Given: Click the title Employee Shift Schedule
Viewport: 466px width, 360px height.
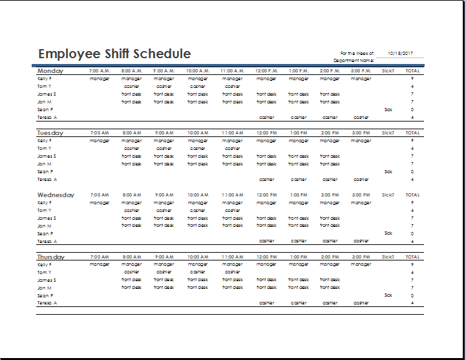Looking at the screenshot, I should point(114,54).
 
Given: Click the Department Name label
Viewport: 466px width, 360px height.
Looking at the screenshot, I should point(354,60).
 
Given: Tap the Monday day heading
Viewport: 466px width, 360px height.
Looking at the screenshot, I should point(50,70).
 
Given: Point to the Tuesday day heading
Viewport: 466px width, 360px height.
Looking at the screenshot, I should point(50,132).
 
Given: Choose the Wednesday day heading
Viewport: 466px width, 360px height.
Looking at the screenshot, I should point(56,195).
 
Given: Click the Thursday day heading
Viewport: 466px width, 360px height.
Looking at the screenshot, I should point(51,257).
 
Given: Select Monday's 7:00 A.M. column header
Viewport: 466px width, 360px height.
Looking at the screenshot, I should point(100,71).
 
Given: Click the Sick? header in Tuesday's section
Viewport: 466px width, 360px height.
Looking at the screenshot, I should point(388,133).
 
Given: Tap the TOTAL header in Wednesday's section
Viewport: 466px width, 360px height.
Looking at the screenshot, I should point(412,195).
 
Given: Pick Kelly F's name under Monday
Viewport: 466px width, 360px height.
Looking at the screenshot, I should point(45,79).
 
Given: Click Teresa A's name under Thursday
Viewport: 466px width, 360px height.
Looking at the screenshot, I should point(47,303).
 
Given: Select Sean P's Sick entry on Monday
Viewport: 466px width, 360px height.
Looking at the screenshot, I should point(388,110).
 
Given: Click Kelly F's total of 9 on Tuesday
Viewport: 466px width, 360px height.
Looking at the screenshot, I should point(412,141).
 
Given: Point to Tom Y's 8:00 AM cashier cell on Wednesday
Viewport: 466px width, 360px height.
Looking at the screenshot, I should point(131,211).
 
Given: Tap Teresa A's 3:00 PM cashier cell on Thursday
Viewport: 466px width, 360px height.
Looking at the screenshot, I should point(361,303).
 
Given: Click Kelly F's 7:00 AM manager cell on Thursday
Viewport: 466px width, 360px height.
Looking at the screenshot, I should point(100,264).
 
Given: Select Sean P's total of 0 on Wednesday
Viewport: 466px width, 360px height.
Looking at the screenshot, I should point(412,234).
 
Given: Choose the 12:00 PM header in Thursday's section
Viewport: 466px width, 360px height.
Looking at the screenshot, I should point(266,257).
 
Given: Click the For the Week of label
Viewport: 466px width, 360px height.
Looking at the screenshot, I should point(357,54).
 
